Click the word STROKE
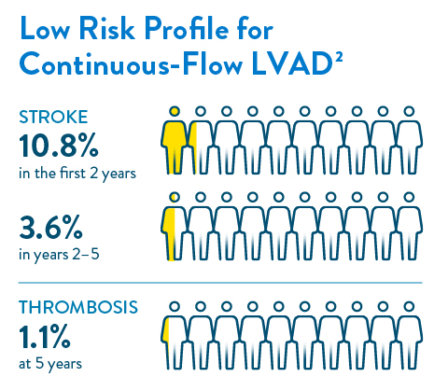click(x=54, y=118)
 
